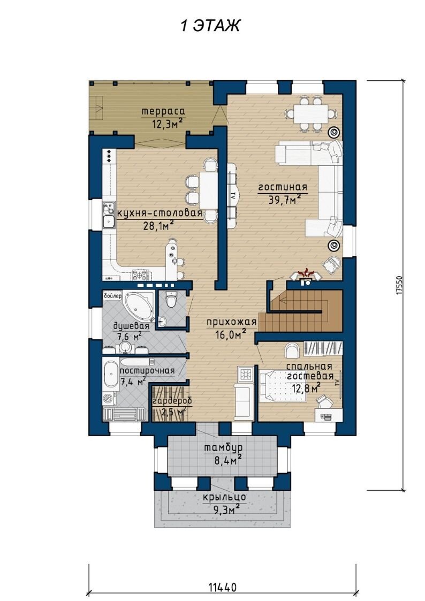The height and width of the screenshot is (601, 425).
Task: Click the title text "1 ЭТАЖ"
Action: [210, 26]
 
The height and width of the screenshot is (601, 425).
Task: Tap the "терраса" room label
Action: [163, 111]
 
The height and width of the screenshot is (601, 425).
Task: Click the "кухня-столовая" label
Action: [160, 214]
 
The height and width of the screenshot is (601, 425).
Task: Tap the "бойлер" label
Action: [112, 296]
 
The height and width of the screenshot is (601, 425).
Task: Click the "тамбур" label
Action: [223, 448]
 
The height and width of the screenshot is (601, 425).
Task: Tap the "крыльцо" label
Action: [224, 497]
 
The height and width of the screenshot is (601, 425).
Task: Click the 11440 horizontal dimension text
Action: [222, 587]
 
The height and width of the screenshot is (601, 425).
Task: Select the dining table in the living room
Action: [311, 114]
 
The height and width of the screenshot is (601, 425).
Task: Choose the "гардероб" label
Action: [172, 401]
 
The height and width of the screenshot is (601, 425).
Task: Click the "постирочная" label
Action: [147, 371]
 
